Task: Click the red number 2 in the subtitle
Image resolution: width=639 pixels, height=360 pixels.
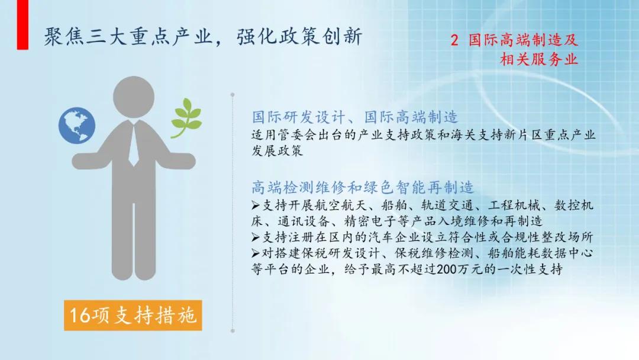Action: (454, 41)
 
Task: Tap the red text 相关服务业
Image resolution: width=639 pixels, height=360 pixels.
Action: (538, 60)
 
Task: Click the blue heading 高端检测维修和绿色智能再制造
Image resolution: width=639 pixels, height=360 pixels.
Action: (363, 188)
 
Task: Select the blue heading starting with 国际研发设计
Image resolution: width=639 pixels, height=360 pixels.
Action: (354, 116)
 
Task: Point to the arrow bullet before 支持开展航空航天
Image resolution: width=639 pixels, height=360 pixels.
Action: (255, 206)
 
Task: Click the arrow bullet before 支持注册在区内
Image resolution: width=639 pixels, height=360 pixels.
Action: (255, 237)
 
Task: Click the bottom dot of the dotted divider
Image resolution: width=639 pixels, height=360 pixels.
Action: (232, 330)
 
